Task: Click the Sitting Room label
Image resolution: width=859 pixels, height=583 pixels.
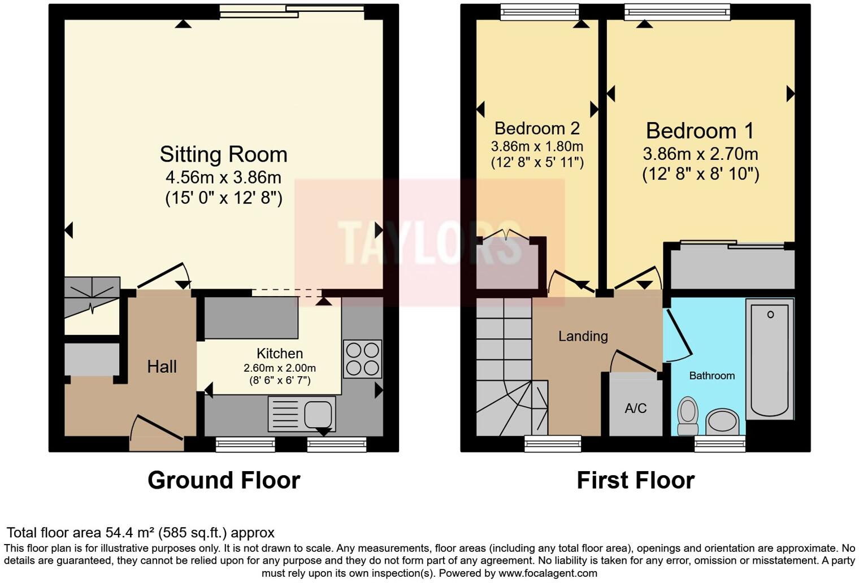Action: coord(223,154)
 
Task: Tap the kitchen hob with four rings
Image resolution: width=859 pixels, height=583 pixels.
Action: coord(362,359)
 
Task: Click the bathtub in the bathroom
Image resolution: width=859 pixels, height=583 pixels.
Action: coord(770,359)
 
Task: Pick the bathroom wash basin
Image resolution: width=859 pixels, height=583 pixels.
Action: coord(722,421)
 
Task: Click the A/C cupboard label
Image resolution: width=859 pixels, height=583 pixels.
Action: coord(635,408)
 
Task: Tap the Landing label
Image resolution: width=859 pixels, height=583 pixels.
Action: coord(583,336)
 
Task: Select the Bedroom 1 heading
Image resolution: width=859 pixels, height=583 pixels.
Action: coord(700,130)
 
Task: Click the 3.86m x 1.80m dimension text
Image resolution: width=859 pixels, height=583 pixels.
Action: coord(536,146)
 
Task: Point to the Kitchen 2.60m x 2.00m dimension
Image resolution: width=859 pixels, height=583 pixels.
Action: coord(280,368)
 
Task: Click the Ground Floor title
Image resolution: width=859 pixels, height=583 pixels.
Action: coord(224,480)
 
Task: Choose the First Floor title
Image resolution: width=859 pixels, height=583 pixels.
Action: coord(635,480)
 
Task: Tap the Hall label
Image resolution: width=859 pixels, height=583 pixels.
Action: coord(162,367)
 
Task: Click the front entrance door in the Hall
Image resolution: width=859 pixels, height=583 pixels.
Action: coord(157,429)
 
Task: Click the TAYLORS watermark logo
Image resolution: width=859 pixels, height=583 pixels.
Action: coord(429,243)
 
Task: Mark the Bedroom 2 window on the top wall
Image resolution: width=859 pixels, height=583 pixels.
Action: coord(539,11)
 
